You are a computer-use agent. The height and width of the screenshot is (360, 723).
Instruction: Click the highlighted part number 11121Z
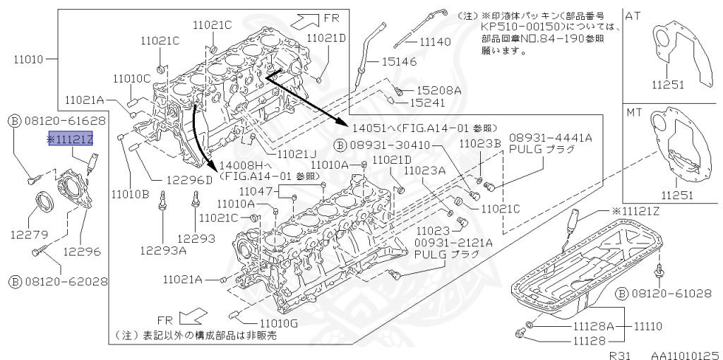71,138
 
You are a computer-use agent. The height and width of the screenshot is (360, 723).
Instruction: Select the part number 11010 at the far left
28,59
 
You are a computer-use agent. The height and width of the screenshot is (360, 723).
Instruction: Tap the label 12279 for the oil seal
29,234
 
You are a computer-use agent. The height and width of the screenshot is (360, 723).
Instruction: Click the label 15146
399,61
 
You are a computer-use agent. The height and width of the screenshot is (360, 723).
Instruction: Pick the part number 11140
435,42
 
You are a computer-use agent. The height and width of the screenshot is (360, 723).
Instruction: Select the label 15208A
438,91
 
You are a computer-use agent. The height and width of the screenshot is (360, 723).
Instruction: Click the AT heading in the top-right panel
633,16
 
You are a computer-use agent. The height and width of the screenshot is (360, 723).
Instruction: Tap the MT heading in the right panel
633,112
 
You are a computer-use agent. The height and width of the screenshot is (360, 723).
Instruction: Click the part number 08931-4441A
551,138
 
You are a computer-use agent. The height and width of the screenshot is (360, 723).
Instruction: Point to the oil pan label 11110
648,327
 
